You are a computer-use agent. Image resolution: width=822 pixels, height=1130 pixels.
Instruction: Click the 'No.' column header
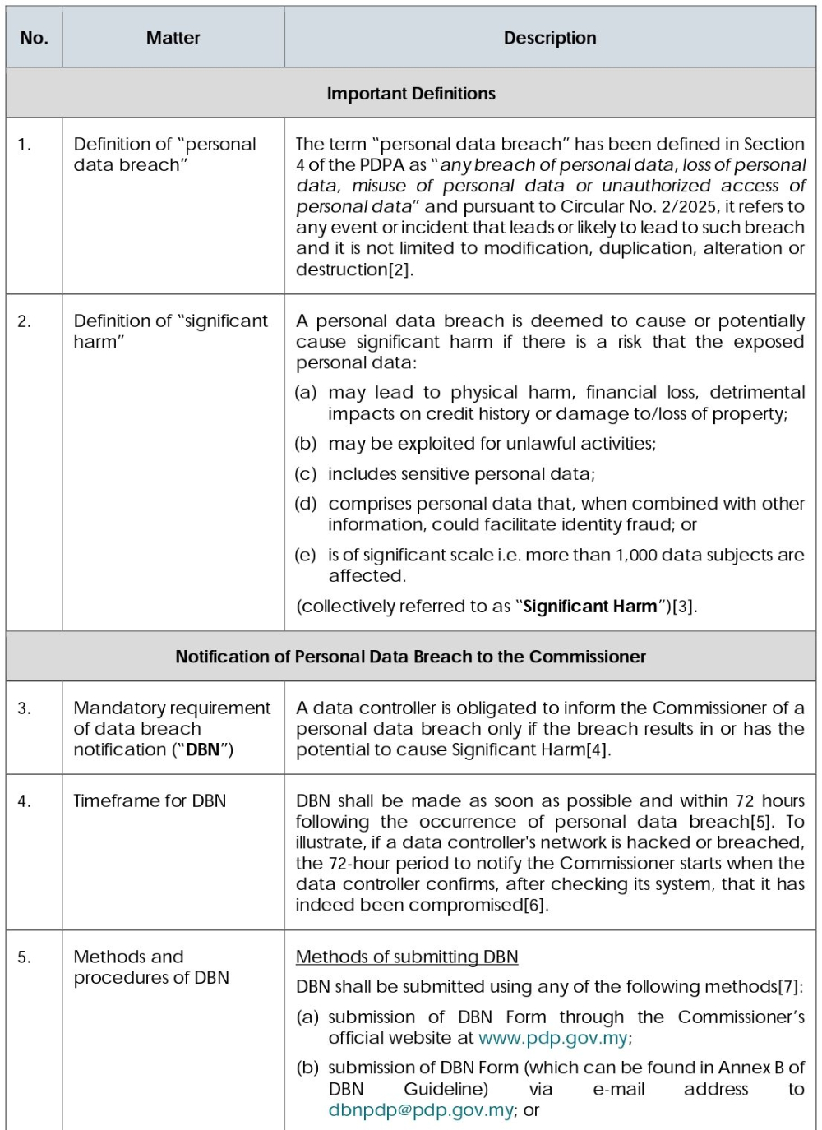(x=34, y=38)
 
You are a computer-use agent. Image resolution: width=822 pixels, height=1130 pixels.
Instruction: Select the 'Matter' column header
(x=173, y=38)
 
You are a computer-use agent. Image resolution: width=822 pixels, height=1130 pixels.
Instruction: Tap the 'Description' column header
(x=550, y=38)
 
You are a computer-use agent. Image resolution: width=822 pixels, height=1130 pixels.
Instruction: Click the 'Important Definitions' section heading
(x=411, y=94)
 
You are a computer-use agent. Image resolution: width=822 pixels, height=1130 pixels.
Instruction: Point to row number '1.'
(x=25, y=145)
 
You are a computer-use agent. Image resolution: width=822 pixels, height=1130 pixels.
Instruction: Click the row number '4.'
(x=25, y=801)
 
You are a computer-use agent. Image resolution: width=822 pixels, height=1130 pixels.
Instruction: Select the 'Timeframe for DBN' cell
(x=150, y=801)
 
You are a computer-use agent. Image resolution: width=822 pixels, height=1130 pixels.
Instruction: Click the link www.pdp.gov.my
(x=553, y=1038)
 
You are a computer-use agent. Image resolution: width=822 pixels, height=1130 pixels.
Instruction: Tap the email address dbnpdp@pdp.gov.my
(x=421, y=1110)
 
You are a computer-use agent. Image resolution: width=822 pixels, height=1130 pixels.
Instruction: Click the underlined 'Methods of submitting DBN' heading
(x=407, y=957)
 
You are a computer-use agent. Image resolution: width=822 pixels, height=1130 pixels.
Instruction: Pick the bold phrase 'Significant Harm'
(x=590, y=607)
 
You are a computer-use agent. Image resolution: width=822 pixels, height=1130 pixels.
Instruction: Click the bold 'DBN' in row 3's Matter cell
(x=202, y=749)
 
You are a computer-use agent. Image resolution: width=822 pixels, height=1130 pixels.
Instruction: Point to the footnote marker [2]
(x=399, y=270)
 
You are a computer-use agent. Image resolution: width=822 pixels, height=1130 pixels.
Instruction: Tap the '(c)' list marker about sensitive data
(x=306, y=474)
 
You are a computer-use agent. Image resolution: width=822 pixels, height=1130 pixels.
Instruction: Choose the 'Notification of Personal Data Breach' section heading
(x=410, y=657)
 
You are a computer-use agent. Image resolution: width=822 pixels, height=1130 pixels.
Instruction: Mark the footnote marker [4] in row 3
(x=598, y=750)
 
